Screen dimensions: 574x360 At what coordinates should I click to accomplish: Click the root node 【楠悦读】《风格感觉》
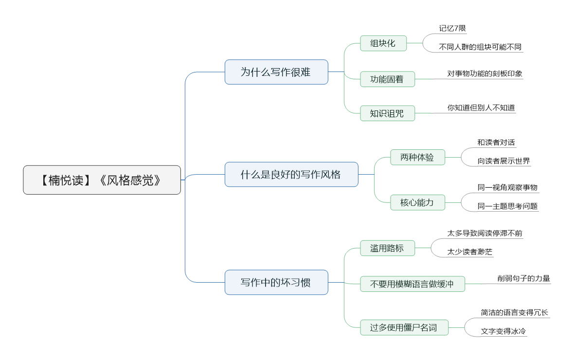pos(102,180)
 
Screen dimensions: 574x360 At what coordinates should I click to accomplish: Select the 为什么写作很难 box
pos(276,72)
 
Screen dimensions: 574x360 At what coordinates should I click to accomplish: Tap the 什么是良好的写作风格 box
pos(291,174)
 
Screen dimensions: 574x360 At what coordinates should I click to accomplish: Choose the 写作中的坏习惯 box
pos(276,282)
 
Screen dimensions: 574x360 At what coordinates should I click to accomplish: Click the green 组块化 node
pos(383,43)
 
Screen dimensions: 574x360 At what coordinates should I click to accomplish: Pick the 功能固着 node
pos(387,79)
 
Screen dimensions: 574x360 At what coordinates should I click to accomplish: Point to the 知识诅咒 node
pos(387,113)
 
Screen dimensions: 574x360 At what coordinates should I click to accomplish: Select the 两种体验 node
pos(418,158)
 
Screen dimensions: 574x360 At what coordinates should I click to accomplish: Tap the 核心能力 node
pos(418,202)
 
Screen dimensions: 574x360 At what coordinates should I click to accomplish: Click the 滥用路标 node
pos(387,248)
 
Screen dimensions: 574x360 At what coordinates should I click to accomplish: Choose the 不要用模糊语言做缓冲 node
pos(413,284)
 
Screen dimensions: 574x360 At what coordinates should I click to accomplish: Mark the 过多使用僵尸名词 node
pos(404,327)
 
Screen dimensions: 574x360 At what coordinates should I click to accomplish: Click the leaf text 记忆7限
pos(452,29)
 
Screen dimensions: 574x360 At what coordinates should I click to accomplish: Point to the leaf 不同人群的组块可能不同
pos(480,47)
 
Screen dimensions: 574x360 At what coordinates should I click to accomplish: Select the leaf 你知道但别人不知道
pos(481,108)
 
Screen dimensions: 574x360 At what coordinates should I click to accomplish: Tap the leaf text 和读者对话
pos(496,143)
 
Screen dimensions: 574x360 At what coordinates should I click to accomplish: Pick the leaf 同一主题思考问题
pos(507,206)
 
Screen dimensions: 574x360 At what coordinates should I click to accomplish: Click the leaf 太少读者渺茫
pos(470,252)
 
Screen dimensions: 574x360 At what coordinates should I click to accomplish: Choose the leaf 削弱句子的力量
pos(523,278)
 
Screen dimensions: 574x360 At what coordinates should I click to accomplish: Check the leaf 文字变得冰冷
pos(503,331)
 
